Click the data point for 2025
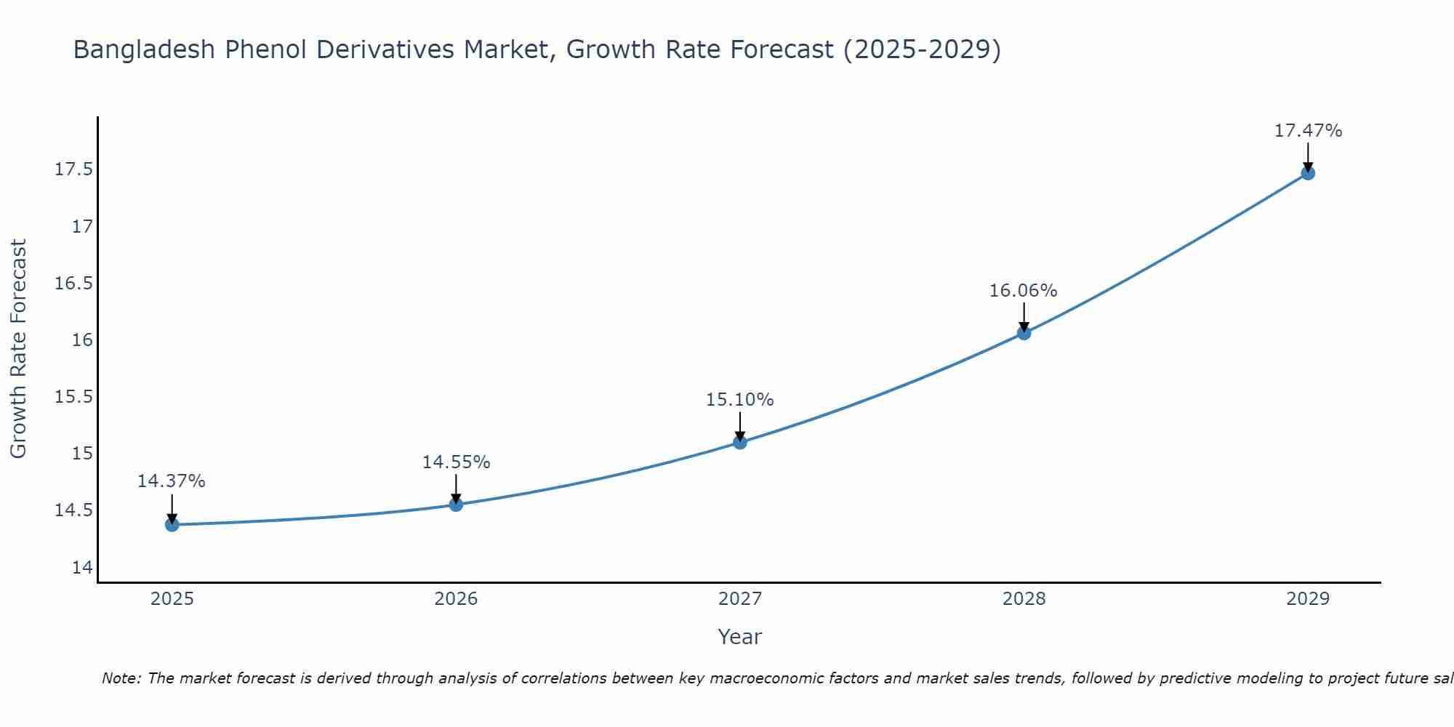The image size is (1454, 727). point(172,524)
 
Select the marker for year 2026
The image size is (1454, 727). point(456,504)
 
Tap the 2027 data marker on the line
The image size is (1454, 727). point(740,441)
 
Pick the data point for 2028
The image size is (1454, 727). point(1024,332)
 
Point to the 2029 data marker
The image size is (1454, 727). point(1308,172)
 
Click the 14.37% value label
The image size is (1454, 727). point(172,481)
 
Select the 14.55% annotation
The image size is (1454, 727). point(456,462)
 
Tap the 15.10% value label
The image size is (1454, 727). point(739,400)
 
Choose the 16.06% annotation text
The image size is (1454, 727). point(1023,291)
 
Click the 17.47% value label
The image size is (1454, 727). point(1308,131)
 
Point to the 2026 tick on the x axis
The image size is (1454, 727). point(456,599)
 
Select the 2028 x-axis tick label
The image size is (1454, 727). point(1024,599)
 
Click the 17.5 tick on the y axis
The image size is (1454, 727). point(74,169)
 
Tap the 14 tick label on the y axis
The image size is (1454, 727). point(83,567)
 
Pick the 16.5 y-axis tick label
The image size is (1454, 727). point(74,283)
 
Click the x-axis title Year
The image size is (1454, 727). point(739,637)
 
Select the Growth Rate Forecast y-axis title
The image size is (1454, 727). point(18,349)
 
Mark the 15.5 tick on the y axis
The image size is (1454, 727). point(74,396)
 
